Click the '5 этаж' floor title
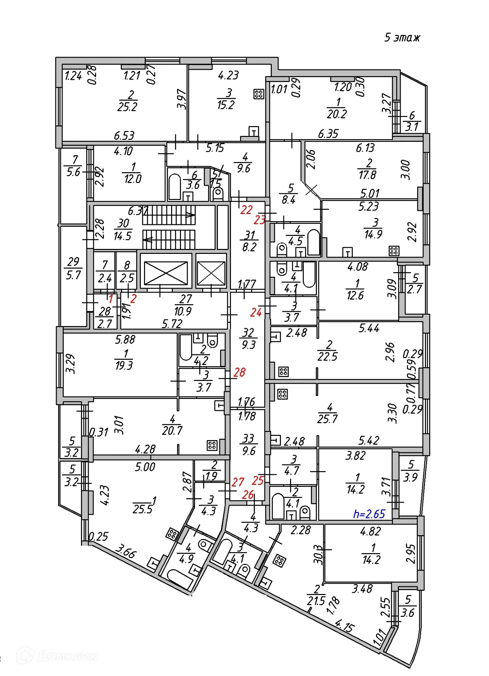pyautogui.click(x=402, y=37)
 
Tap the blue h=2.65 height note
pyautogui.click(x=369, y=514)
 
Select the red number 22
pyautogui.click(x=246, y=210)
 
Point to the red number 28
pyautogui.click(x=239, y=372)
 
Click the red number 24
pyautogui.click(x=256, y=312)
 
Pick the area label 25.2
pyautogui.click(x=127, y=107)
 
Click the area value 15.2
pyautogui.click(x=226, y=105)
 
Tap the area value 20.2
pyautogui.click(x=337, y=114)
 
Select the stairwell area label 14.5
pyautogui.click(x=123, y=236)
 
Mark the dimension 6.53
pyautogui.click(x=124, y=135)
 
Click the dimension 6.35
pyautogui.click(x=328, y=133)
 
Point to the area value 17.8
pyautogui.click(x=367, y=175)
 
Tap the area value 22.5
pyautogui.click(x=327, y=356)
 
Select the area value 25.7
pyautogui.click(x=327, y=419)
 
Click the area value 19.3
pyautogui.click(x=124, y=365)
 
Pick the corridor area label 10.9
pyautogui.click(x=183, y=311)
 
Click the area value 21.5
pyautogui.click(x=316, y=601)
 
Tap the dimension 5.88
pyautogui.click(x=125, y=339)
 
